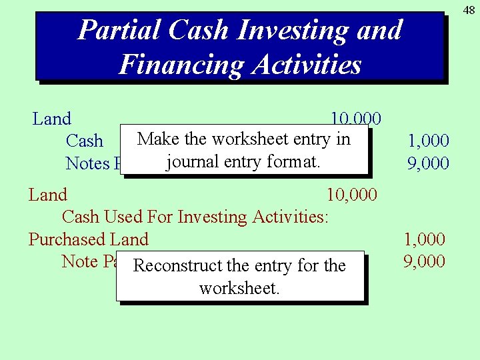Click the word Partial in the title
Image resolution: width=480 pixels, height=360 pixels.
[119, 30]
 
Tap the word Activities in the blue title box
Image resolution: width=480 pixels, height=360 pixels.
[307, 65]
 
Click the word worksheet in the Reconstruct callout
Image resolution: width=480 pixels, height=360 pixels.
[239, 289]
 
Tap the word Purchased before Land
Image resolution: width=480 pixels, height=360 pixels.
[69, 239]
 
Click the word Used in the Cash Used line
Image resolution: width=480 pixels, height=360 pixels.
[127, 217]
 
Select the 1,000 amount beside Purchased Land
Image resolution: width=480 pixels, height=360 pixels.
[425, 239]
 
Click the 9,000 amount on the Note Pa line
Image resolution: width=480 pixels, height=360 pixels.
[425, 261]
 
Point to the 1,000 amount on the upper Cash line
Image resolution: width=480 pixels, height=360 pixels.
[429, 141]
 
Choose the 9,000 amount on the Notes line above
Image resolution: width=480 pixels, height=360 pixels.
[429, 163]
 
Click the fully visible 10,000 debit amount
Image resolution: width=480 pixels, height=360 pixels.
[351, 195]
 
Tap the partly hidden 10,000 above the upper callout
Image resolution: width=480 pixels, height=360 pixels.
[356, 119]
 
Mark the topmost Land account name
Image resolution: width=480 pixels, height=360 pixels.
[52, 119]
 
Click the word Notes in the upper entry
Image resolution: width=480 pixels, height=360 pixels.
[87, 163]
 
